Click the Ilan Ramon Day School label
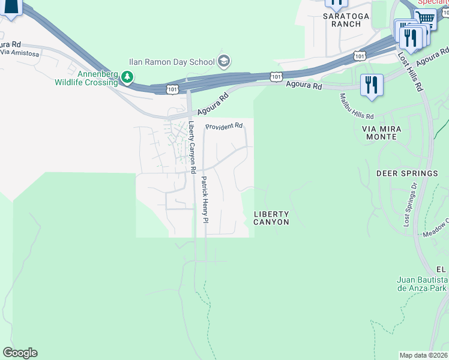pos(171,61)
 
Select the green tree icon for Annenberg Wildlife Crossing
pos(127,77)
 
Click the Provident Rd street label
pos(224,127)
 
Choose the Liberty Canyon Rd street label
pos(192,148)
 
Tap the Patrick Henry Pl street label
pos(204,199)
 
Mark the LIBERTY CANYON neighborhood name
pos(271,218)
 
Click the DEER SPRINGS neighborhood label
pos(407,173)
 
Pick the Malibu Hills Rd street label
pos(357,106)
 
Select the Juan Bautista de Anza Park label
pos(423,284)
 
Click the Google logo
pos(19,353)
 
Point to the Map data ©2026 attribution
pos(423,355)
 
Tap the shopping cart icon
pos(426,18)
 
